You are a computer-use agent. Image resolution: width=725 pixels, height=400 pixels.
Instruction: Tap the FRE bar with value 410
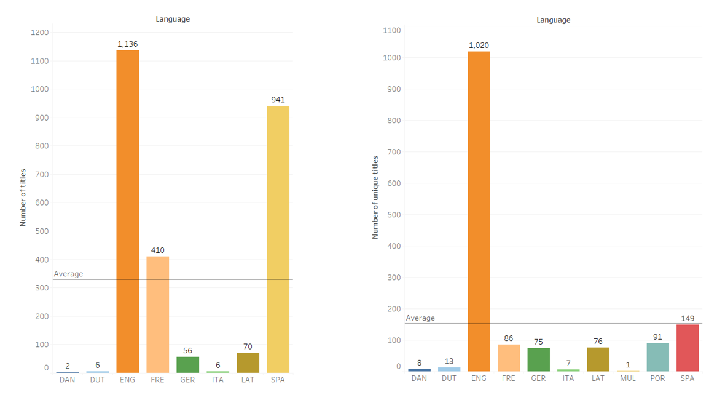click(157, 314)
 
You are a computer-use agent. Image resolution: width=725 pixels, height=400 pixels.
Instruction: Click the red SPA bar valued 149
click(688, 348)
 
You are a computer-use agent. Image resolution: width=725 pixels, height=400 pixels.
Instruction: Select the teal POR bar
click(657, 357)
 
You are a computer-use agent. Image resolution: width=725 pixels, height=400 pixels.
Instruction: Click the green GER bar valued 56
click(187, 364)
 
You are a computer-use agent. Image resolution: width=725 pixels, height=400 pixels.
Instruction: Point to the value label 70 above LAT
click(248, 347)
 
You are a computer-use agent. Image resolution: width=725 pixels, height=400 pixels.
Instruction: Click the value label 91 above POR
click(657, 337)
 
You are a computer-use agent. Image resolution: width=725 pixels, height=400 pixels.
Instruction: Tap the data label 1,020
click(479, 46)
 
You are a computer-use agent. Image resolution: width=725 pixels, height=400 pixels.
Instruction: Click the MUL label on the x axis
click(628, 378)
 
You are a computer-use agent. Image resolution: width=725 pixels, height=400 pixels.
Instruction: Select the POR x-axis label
click(657, 378)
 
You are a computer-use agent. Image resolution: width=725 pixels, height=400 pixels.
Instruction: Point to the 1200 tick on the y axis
click(39, 33)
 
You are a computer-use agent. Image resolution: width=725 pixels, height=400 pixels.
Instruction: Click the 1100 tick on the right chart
click(391, 30)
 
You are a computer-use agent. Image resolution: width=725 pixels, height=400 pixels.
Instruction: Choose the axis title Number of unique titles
click(375, 197)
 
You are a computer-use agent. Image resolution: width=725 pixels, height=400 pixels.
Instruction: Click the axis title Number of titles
click(23, 198)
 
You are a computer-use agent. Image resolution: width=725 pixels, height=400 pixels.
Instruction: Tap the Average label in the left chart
click(68, 274)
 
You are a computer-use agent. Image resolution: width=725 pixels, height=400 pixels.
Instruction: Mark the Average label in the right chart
click(420, 318)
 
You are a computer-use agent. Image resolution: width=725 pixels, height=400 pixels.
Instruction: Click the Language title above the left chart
click(173, 19)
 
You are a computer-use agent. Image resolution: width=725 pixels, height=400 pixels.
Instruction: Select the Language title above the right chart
click(553, 20)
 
